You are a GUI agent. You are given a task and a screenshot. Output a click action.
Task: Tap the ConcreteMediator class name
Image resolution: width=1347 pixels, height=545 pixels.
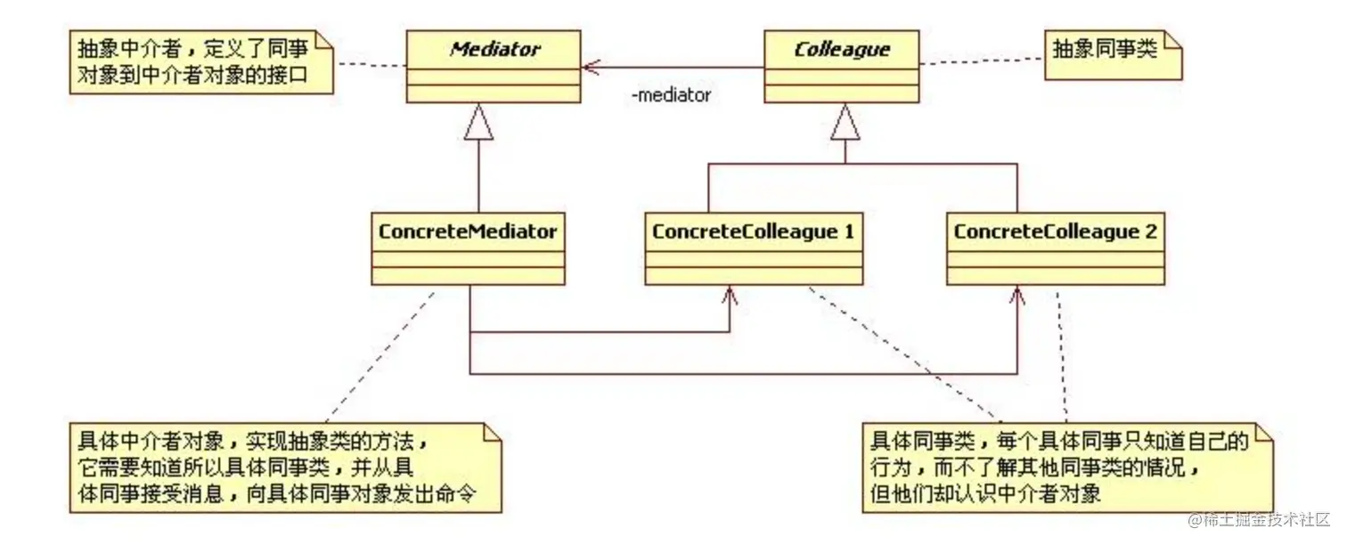[468, 232]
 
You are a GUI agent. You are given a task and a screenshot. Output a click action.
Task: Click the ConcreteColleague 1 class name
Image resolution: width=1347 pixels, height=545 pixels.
[754, 232]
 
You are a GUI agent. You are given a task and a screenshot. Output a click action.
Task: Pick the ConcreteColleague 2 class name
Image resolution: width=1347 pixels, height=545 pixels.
[1056, 232]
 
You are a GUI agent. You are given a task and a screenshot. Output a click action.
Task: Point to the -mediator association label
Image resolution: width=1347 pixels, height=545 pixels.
[671, 95]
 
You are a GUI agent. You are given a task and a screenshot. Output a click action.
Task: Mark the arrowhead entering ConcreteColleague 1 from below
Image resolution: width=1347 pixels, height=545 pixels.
[731, 294]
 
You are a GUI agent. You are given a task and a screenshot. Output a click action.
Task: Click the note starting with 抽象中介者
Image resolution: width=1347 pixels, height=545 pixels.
[200, 61]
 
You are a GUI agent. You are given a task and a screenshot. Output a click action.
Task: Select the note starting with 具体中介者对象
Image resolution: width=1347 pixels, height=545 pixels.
[285, 468]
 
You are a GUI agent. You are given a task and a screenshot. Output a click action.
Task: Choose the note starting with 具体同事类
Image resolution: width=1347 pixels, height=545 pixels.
[1065, 468]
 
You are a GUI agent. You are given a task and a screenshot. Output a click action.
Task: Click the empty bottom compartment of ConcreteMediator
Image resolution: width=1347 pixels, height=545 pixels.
[468, 275]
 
